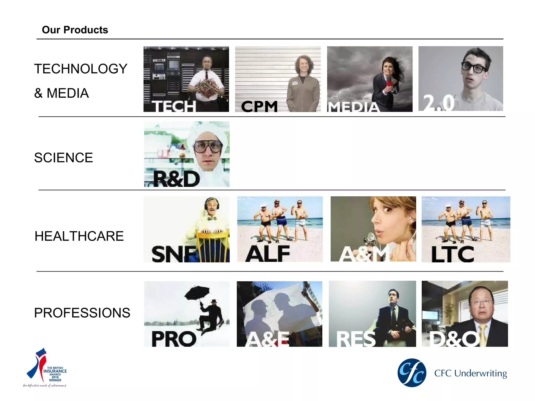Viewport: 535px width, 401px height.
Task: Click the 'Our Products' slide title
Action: pyautogui.click(x=75, y=30)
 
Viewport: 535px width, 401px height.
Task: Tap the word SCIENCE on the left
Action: pyautogui.click(x=63, y=158)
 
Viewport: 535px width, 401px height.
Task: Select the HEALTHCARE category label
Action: pyautogui.click(x=79, y=236)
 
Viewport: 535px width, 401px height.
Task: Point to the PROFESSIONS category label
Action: pyautogui.click(x=82, y=313)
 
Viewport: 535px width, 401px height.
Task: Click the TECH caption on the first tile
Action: pyautogui.click(x=174, y=107)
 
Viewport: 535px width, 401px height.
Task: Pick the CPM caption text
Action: pyautogui.click(x=259, y=107)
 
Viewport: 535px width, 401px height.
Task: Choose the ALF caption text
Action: pyautogui.click(x=268, y=254)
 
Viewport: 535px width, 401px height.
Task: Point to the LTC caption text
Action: pyautogui.click(x=452, y=254)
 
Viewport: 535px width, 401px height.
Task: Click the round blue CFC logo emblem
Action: pyautogui.click(x=412, y=373)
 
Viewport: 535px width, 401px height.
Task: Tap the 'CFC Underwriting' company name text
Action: pyautogui.click(x=470, y=373)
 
